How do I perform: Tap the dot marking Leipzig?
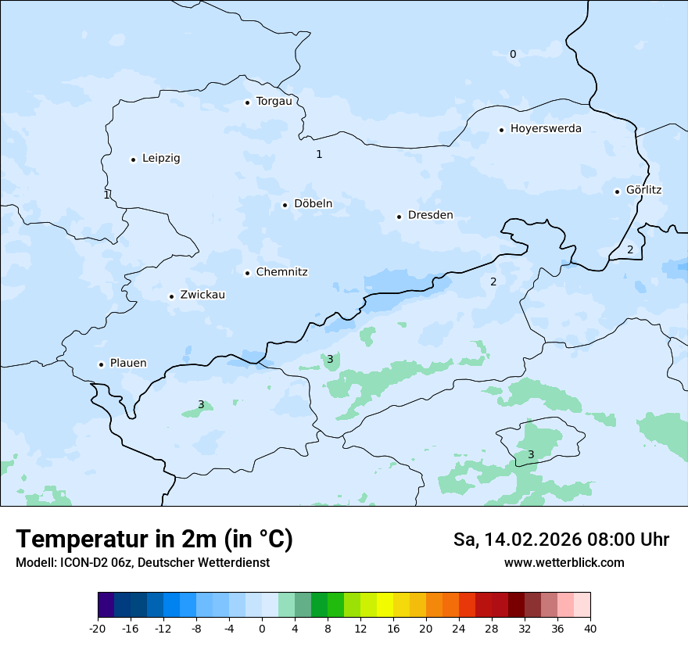pos(133,160)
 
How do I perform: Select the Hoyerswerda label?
pos(546,129)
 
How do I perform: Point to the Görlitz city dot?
pos(618,191)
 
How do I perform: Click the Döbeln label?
pos(313,204)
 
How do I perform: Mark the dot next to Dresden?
pos(400,217)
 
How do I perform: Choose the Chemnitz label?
pos(281,273)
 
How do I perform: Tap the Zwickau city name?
pos(202,296)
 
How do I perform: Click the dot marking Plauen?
pos(101,364)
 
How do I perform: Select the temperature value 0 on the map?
pos(513,55)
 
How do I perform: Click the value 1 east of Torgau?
pos(319,155)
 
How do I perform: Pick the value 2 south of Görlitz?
pos(630,250)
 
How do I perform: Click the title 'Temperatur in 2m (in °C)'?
pos(155,540)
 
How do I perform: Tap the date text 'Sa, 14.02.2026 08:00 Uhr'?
pos(561,540)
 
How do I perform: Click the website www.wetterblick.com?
pos(564,563)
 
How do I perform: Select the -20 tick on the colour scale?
pos(98,629)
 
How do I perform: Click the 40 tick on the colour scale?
pos(590,629)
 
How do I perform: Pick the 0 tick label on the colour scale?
pos(262,629)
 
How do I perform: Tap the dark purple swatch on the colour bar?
pos(106,605)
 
